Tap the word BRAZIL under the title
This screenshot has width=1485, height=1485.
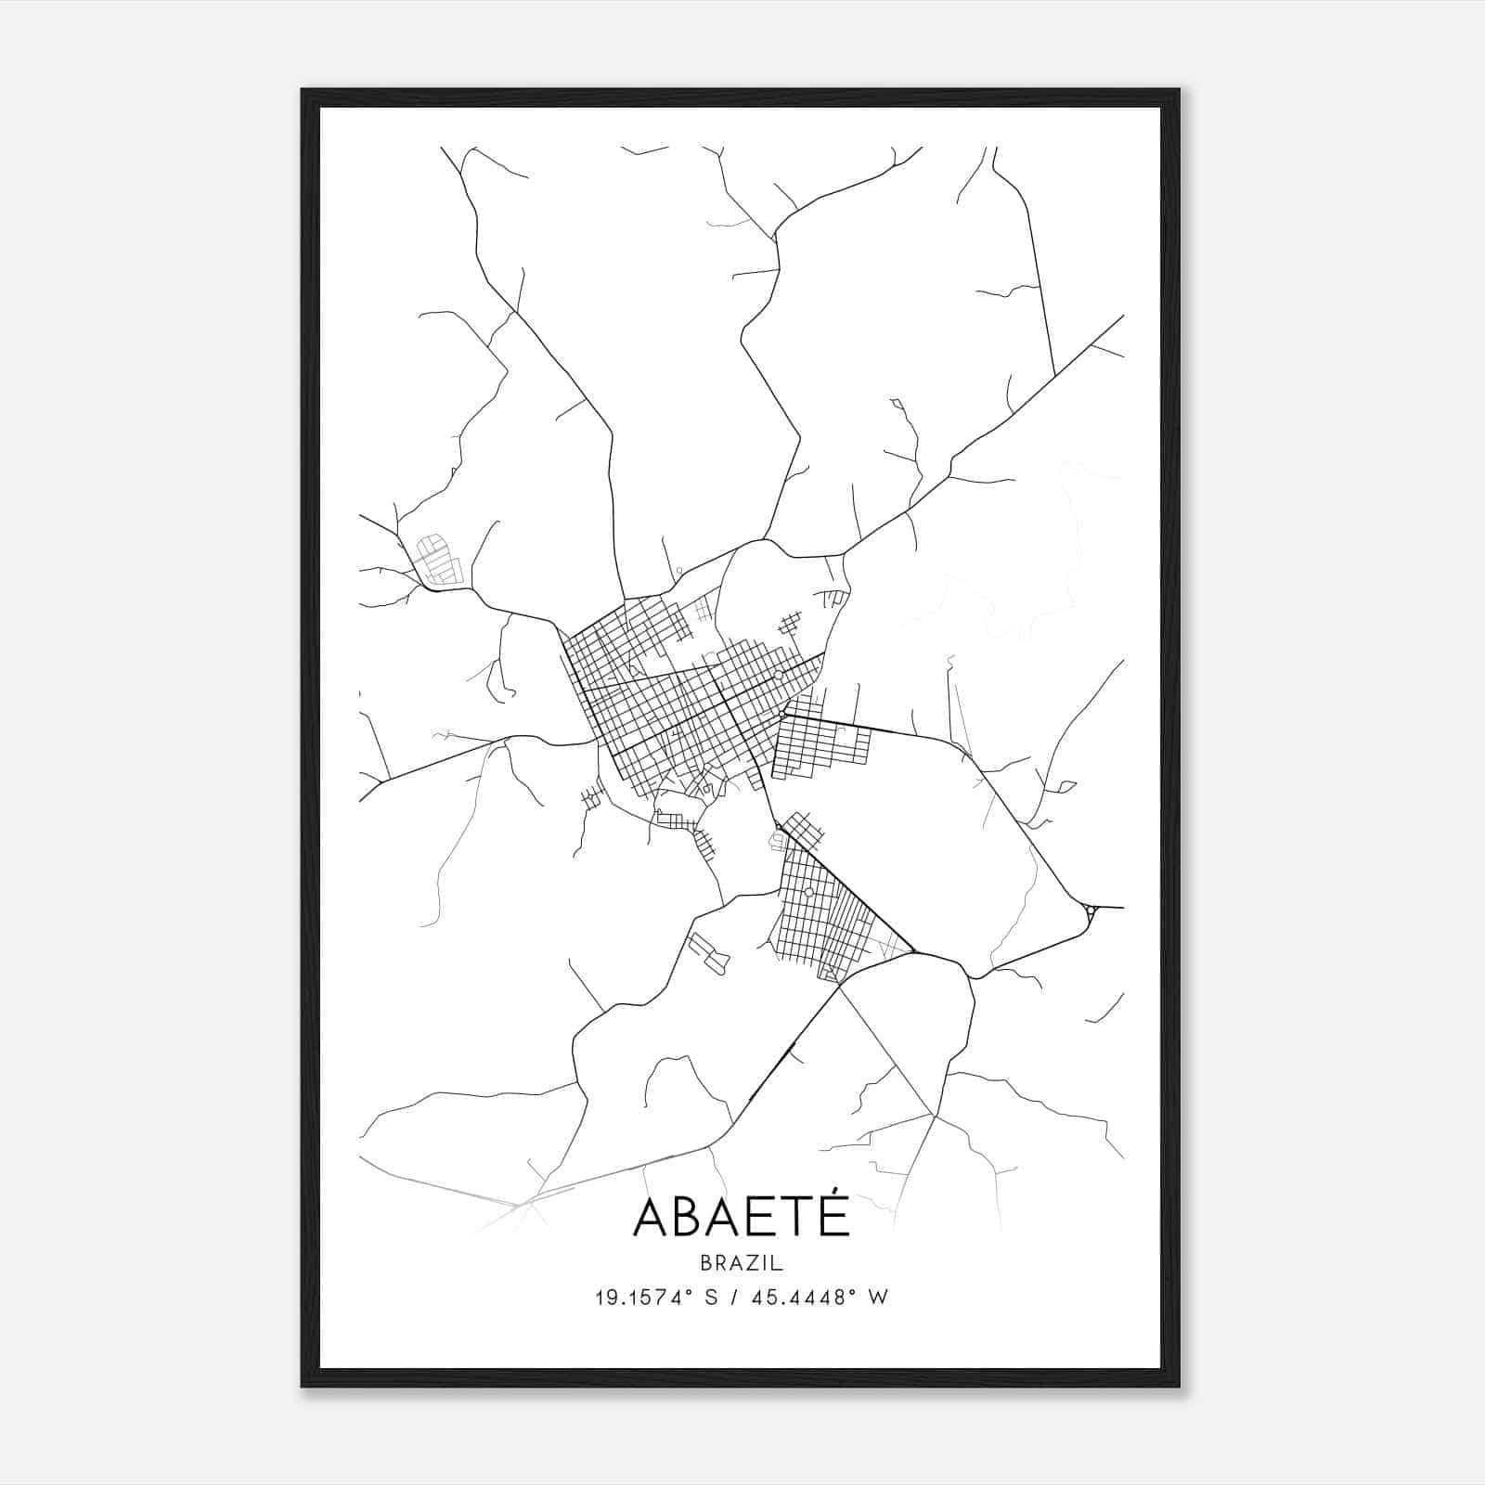[x=742, y=1263]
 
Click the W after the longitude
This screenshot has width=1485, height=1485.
[x=878, y=1298]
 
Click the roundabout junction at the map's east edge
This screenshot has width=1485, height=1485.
[x=1091, y=913]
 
